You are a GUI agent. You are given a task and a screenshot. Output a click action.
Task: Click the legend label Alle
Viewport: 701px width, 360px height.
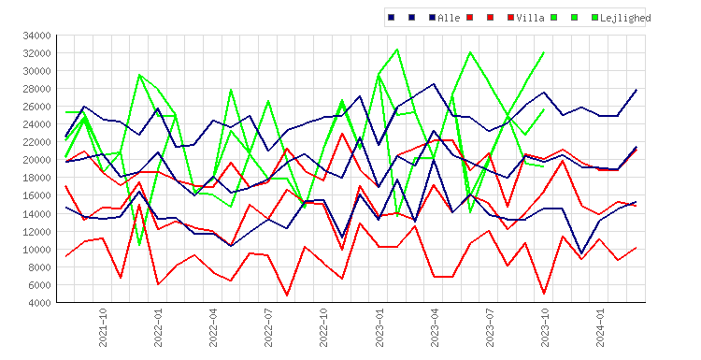click(x=449, y=18)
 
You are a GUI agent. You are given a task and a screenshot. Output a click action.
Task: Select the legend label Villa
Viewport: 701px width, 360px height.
click(x=530, y=18)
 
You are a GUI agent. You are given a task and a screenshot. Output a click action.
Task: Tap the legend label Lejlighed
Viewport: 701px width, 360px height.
click(x=625, y=18)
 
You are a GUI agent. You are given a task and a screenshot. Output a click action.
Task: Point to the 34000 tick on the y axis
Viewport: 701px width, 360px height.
click(x=36, y=36)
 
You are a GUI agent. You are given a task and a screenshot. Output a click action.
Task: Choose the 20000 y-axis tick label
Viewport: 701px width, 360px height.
click(x=36, y=160)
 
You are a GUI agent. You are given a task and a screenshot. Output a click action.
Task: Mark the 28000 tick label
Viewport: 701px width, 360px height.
click(x=36, y=89)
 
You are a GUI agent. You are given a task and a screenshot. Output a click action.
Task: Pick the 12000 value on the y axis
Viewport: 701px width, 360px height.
click(x=36, y=232)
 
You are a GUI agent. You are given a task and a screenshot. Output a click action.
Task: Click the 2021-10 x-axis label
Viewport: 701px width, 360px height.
click(x=103, y=328)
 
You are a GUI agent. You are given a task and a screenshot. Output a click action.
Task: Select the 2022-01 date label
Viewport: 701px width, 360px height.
click(x=158, y=328)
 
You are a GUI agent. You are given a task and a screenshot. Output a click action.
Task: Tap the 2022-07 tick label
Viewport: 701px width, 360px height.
click(x=268, y=328)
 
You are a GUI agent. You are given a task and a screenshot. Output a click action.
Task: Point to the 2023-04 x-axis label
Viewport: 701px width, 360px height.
click(x=435, y=328)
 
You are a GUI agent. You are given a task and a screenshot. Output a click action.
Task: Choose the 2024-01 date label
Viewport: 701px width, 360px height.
click(x=600, y=328)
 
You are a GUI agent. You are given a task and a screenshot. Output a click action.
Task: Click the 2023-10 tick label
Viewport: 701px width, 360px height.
click(x=545, y=328)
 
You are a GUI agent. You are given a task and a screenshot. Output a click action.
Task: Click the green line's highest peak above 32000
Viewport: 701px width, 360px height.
click(x=397, y=50)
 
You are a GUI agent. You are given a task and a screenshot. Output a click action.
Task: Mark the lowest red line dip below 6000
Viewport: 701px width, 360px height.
click(x=287, y=295)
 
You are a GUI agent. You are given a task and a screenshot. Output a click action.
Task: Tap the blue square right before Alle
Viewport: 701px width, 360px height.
click(x=433, y=18)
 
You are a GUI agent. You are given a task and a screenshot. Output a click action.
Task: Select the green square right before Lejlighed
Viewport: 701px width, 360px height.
click(x=595, y=18)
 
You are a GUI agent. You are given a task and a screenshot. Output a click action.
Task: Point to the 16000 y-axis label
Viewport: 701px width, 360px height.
click(x=36, y=195)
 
